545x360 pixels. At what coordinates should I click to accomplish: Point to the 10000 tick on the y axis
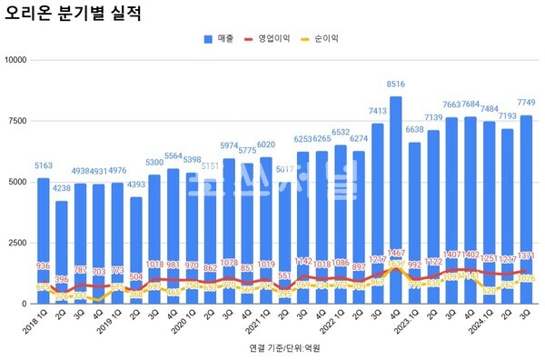tap(17, 60)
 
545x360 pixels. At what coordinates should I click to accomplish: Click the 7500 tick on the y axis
tap(19, 121)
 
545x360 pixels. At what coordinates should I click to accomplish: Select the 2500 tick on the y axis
tap(19, 243)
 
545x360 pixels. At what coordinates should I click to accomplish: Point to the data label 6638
tap(414, 130)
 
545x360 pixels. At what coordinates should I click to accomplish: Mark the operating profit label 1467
tap(395, 253)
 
